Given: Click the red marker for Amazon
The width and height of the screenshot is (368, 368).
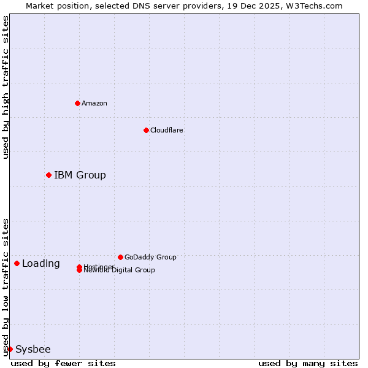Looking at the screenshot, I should click(x=77, y=103).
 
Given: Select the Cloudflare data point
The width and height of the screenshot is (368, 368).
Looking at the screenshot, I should click(x=146, y=130).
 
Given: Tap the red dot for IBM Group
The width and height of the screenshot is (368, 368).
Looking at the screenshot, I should click(x=48, y=175).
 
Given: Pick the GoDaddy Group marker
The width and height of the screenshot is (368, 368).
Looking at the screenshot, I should click(x=120, y=257).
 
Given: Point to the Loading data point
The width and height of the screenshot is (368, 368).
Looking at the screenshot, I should click(x=17, y=263).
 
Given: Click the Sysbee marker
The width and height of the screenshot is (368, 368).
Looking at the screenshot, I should click(x=10, y=349).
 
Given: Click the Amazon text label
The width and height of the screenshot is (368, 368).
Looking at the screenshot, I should click(x=94, y=103).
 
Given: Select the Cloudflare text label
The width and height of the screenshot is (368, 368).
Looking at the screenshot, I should click(x=167, y=130).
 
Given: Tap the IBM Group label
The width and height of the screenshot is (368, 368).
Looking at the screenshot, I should click(x=80, y=175).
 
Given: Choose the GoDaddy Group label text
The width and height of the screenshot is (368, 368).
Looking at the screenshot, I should click(x=150, y=257).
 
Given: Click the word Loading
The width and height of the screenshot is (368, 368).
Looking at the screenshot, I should click(x=41, y=264).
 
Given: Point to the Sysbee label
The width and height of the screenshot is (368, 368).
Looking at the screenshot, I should click(x=33, y=350).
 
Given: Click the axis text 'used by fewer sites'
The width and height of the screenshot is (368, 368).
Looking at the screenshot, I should click(x=63, y=363).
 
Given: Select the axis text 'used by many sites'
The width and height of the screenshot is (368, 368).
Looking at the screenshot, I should click(x=308, y=363).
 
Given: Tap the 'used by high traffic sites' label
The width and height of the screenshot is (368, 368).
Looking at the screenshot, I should click(x=6, y=87).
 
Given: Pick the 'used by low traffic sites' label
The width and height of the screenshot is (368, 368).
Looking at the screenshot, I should click(x=6, y=287).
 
